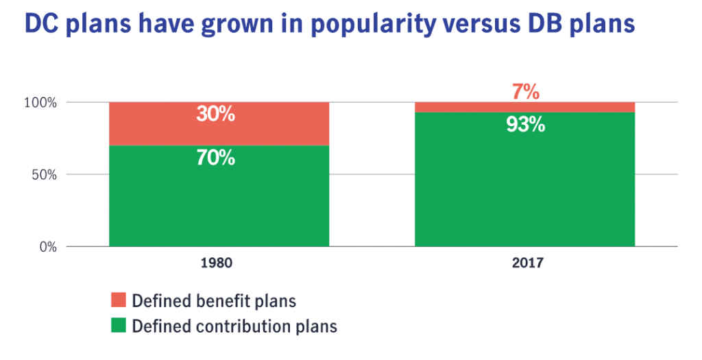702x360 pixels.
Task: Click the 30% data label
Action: click(215, 114)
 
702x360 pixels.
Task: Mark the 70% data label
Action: click(215, 158)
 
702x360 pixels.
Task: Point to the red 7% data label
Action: click(525, 91)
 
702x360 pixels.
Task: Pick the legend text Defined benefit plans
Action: click(213, 300)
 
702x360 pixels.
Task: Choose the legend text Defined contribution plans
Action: click(234, 326)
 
